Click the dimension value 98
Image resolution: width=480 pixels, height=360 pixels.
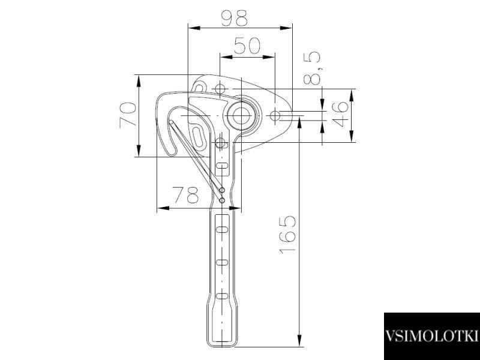[234, 18]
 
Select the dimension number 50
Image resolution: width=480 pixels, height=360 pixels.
[247, 46]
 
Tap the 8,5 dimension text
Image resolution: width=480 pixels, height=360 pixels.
[312, 68]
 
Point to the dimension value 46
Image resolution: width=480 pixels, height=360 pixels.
[340, 114]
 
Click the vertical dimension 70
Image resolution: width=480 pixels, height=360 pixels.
[128, 115]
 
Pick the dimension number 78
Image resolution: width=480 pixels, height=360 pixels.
[186, 194]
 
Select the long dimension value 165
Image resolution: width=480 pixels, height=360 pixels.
[287, 235]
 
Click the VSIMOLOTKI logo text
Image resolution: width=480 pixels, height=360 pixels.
[431, 336]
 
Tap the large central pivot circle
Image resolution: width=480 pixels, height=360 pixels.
[242, 116]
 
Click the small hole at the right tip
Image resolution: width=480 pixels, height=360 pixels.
[275, 116]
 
